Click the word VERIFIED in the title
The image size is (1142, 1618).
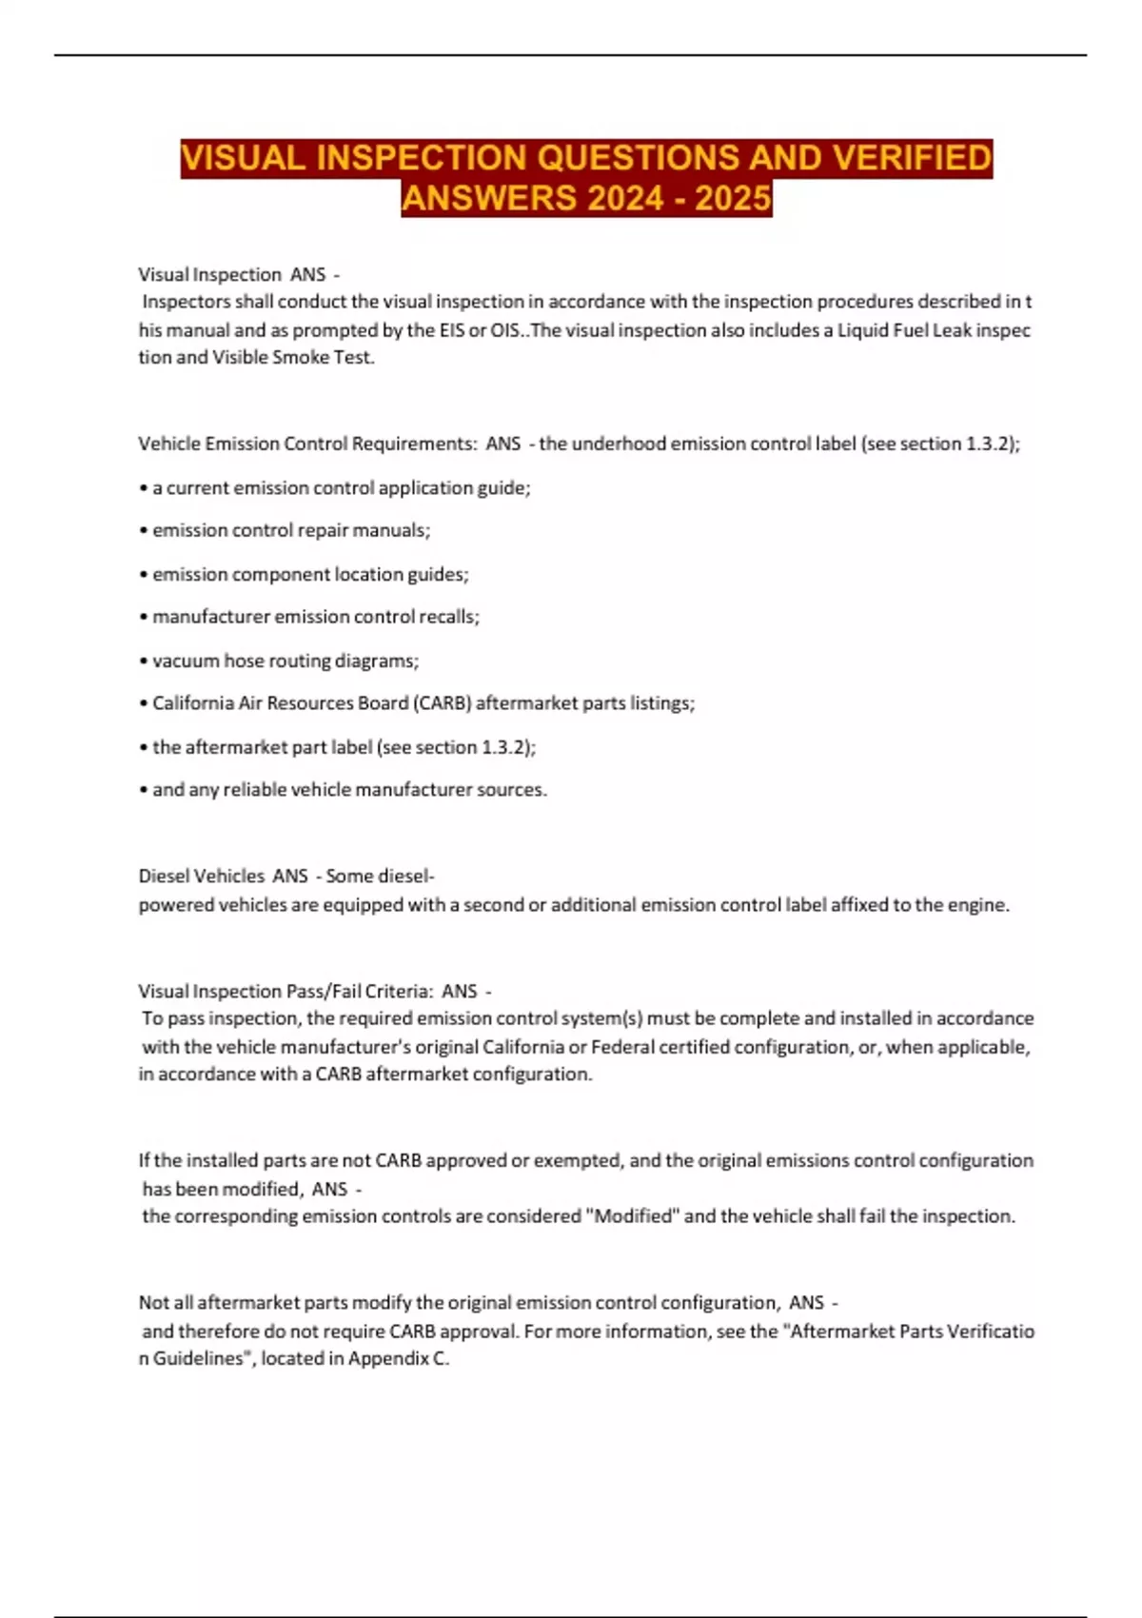click(912, 157)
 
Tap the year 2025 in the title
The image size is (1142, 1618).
click(733, 198)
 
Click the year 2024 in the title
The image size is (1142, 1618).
click(626, 198)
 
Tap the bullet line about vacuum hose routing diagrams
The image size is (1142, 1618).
click(285, 661)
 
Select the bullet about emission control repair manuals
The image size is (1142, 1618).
click(290, 530)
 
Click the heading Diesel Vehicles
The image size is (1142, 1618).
click(201, 876)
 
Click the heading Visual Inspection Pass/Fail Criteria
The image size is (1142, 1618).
click(285, 991)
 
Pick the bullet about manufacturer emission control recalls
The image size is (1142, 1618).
click(315, 617)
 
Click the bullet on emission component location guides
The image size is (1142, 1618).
click(309, 574)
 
